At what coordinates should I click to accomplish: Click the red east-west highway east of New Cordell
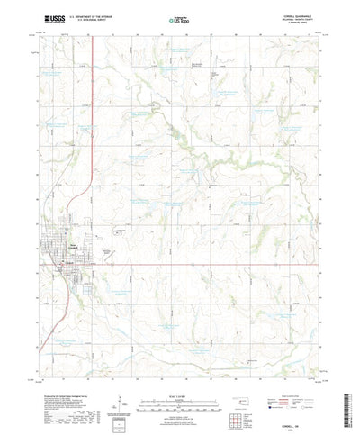pyautogui.click(x=225, y=264)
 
